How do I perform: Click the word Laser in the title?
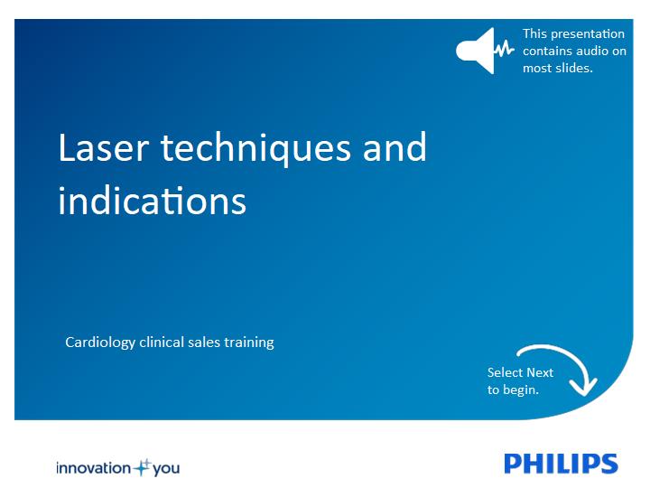(104, 147)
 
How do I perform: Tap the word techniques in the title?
(255, 149)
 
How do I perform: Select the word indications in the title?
(153, 201)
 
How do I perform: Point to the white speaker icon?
(477, 51)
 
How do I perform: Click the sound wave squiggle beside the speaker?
(505, 49)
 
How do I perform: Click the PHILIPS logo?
(561, 464)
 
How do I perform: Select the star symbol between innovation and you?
(143, 468)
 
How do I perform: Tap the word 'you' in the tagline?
(166, 469)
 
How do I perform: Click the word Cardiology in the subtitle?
(100, 343)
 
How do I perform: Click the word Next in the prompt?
(538, 372)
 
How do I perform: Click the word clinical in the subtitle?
(162, 343)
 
